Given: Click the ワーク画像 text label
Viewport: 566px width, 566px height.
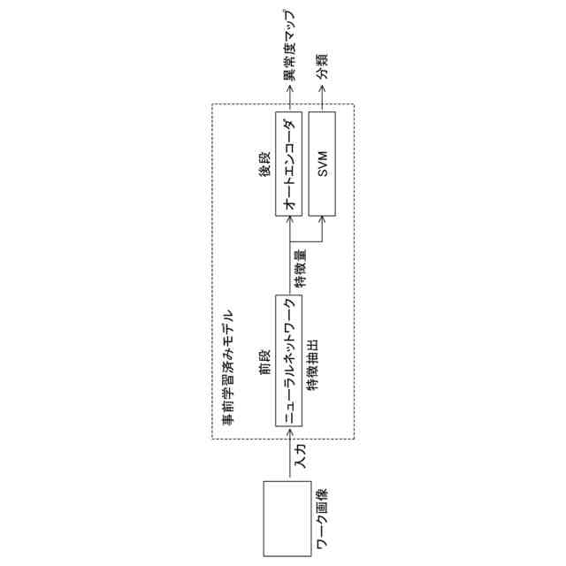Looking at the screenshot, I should click(323, 526).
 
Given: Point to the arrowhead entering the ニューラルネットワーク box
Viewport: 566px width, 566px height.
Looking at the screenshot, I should click(289, 430).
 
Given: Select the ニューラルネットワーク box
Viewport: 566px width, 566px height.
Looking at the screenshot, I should click(289, 363).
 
